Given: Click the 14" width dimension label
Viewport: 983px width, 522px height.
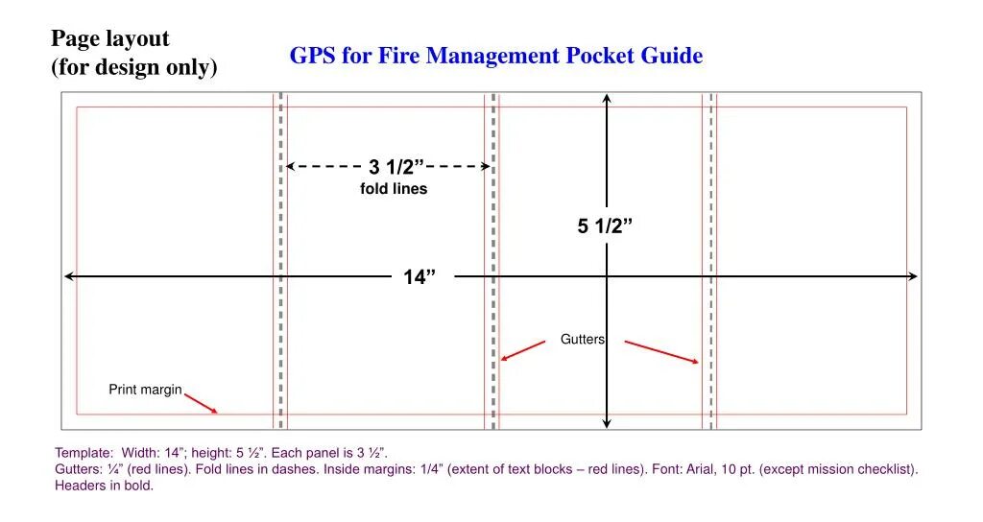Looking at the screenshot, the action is (x=419, y=277).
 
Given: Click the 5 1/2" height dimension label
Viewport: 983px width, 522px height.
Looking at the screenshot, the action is (x=605, y=226).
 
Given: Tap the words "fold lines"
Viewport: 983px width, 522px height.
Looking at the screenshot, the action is (x=394, y=189).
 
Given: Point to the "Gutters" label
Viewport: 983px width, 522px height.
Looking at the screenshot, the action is (x=583, y=340).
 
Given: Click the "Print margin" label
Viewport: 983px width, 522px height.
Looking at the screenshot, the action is (x=145, y=390).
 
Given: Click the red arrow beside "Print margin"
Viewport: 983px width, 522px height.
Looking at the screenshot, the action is (x=201, y=403).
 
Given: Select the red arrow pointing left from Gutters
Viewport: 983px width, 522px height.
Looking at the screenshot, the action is (x=523, y=351).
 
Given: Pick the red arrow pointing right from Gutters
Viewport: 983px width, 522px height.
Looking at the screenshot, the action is (x=661, y=351).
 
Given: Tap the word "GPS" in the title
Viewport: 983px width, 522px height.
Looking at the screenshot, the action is (x=312, y=56).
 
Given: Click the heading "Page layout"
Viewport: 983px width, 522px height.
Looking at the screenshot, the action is (x=110, y=39).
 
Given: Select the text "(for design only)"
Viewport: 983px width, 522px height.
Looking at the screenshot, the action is (x=134, y=68).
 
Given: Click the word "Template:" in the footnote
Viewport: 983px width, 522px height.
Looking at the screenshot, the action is (x=84, y=453).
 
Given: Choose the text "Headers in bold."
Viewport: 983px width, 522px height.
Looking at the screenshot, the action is (x=104, y=486).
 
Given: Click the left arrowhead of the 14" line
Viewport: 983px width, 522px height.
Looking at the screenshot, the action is (x=68, y=276).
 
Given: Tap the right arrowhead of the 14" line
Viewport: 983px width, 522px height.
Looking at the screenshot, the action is (x=913, y=276).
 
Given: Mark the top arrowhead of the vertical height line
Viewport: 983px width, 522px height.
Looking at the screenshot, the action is (x=607, y=98).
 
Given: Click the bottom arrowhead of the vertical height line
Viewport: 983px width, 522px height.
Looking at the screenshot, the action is (x=607, y=423).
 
